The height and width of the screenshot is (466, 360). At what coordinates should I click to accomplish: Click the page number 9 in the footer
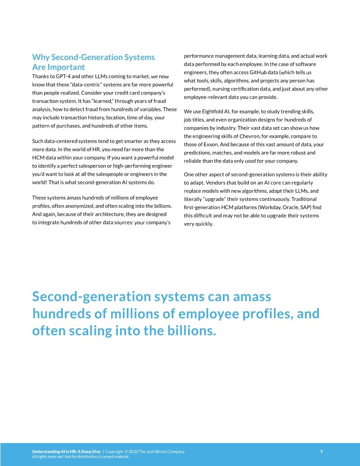point(321,451)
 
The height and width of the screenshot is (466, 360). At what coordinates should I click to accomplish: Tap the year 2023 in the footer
point(134,451)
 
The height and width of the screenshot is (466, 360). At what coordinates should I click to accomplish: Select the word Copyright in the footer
point(114,451)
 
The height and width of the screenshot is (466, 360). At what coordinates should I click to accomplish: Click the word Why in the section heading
point(41,57)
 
